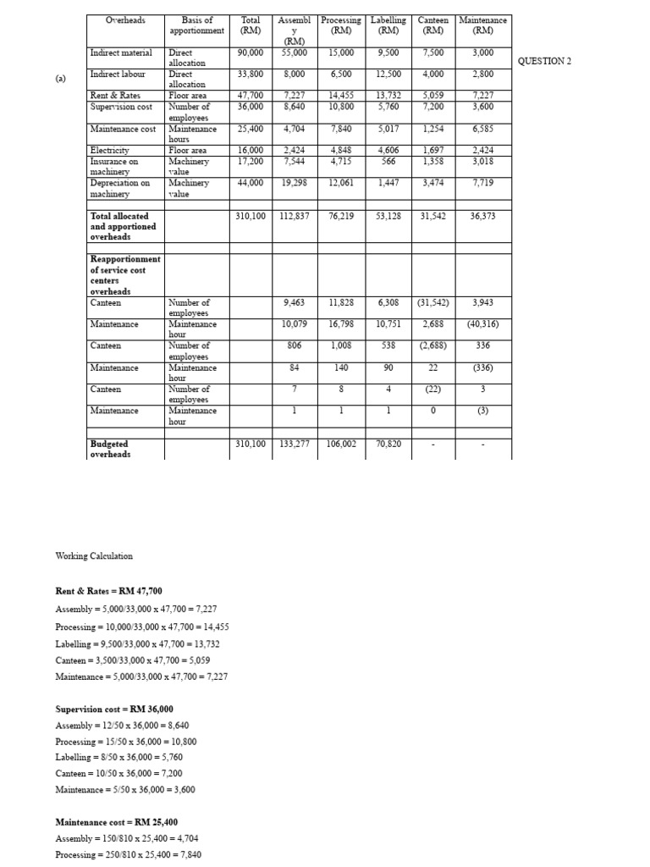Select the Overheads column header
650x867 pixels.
[125, 19]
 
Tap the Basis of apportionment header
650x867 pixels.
[197, 25]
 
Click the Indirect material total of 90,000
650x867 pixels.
[251, 52]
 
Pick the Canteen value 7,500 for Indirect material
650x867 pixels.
[432, 52]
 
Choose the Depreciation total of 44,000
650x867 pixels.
[251, 182]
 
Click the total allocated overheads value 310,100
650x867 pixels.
[251, 216]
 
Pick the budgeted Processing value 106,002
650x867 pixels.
[342, 444]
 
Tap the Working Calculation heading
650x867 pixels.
[94, 556]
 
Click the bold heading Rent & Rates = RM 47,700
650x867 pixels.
[108, 591]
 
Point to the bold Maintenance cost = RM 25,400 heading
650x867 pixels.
[116, 822]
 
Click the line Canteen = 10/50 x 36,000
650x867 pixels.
[118, 773]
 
